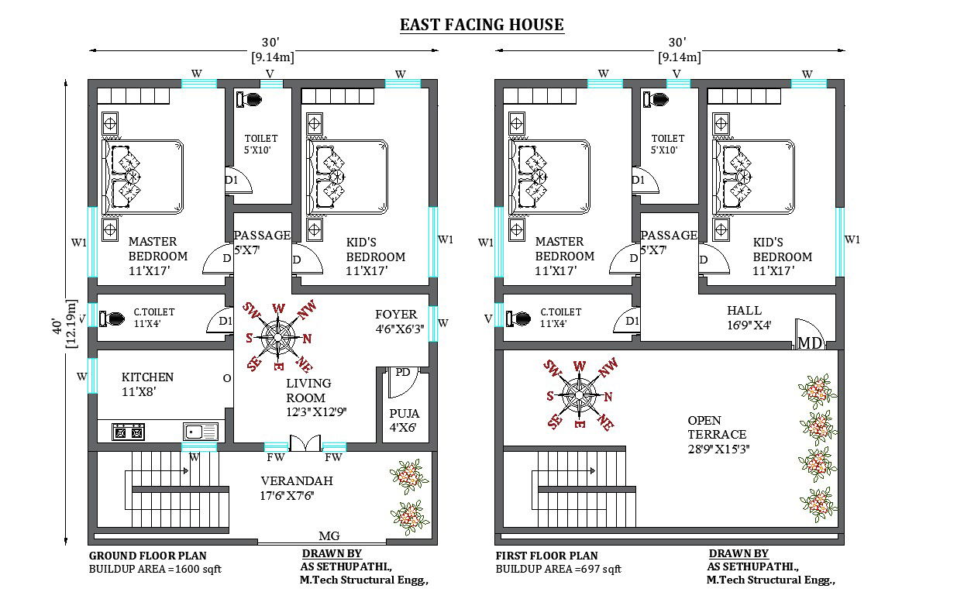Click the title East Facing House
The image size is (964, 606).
481,25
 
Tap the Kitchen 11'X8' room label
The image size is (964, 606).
147,384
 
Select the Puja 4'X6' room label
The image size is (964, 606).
403,420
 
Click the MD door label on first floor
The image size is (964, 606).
810,343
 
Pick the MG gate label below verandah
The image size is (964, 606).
329,536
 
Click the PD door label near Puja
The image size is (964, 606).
402,373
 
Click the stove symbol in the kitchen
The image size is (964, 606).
129,432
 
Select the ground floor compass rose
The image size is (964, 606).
277,336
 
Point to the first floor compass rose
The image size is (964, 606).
578,394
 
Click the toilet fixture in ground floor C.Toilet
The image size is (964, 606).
114,318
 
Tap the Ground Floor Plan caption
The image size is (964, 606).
147,556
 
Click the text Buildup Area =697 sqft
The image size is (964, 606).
558,570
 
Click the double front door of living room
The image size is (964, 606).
305,442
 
